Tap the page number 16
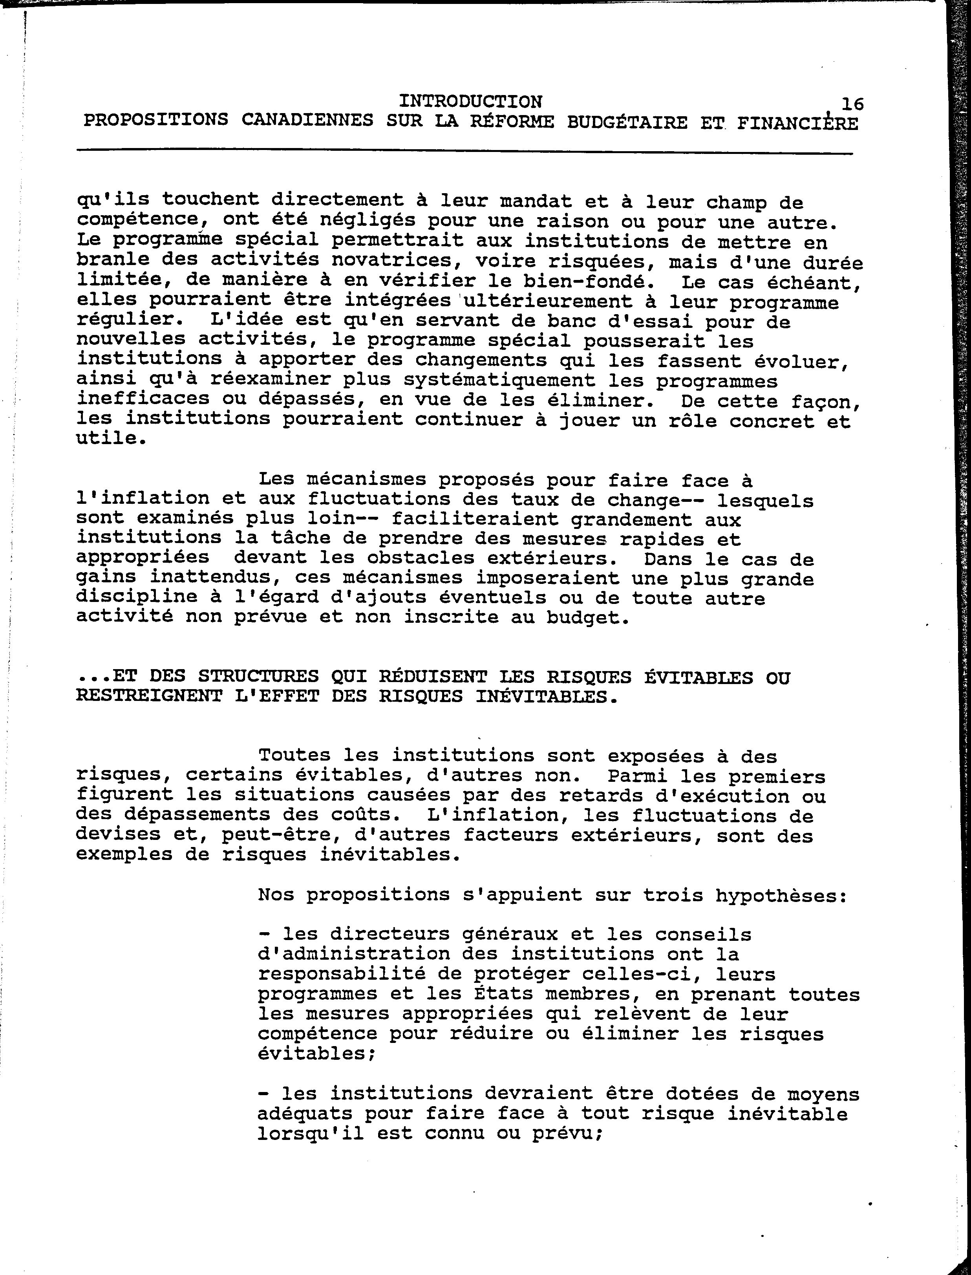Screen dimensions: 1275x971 [852, 104]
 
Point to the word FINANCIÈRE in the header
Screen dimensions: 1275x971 [797, 123]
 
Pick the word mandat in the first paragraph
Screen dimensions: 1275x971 [536, 201]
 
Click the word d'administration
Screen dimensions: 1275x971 [354, 954]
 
